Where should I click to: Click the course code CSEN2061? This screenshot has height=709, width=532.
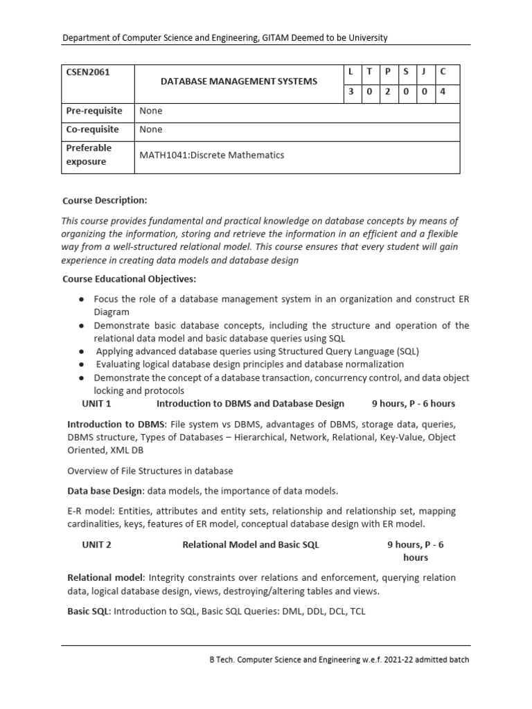coord(88,72)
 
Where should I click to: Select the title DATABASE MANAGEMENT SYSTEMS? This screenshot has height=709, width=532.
coord(239,81)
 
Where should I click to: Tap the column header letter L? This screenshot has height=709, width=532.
coord(351,72)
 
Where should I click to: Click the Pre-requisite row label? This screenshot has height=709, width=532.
coord(94,111)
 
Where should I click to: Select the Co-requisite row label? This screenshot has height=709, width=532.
coord(93,129)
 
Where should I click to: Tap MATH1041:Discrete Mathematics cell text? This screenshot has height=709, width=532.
coord(212,155)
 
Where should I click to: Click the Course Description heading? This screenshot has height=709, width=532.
coord(105,200)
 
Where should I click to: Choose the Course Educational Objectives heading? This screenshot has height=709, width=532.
coord(130,279)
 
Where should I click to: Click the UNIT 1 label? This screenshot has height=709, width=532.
coord(96,403)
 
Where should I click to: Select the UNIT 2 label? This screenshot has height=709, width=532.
coord(96,544)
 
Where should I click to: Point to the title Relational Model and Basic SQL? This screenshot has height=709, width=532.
coord(251,544)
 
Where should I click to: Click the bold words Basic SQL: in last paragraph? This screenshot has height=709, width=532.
coord(89,611)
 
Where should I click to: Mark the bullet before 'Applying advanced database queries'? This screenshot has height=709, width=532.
coord(82,352)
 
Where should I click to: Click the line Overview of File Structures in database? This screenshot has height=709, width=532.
coord(150,471)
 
